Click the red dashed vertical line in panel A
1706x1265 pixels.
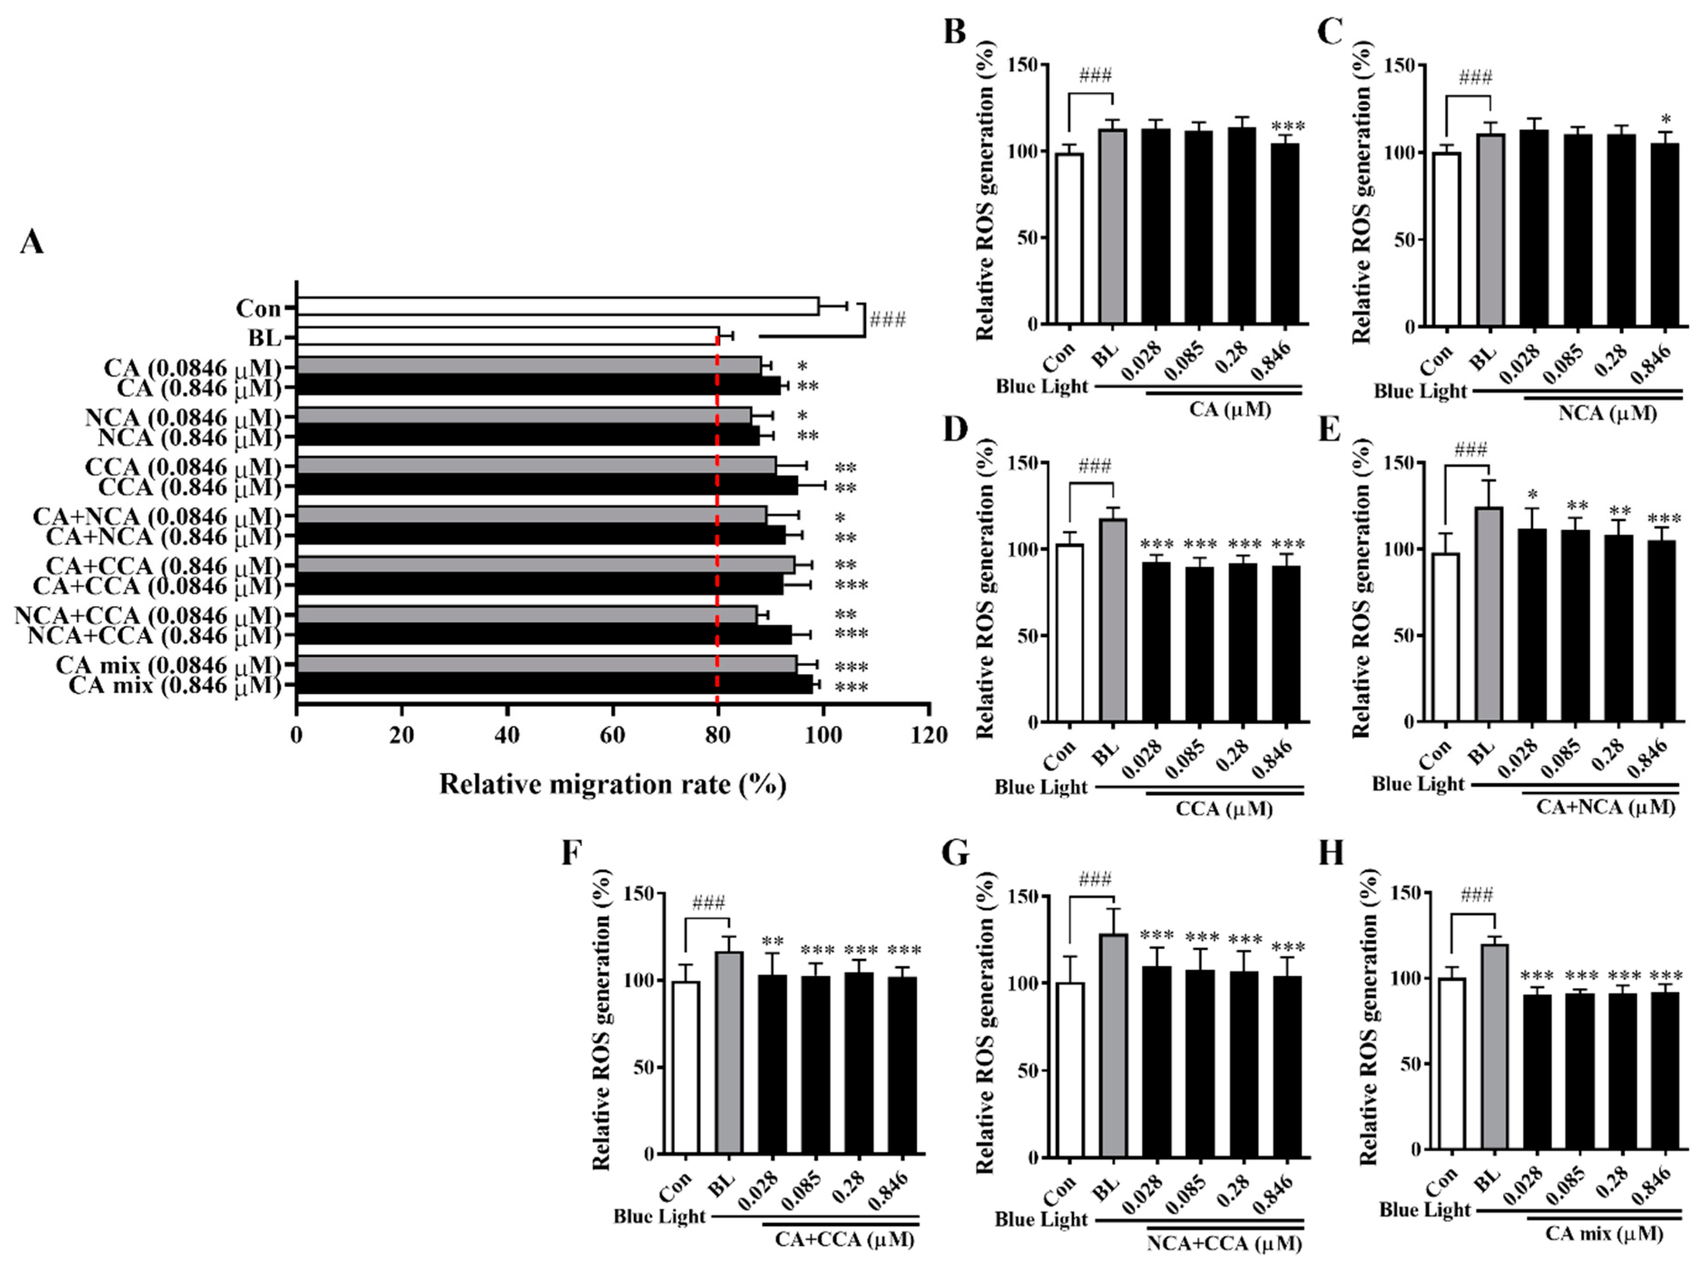tap(717, 536)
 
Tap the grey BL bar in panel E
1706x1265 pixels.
tap(1488, 613)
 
